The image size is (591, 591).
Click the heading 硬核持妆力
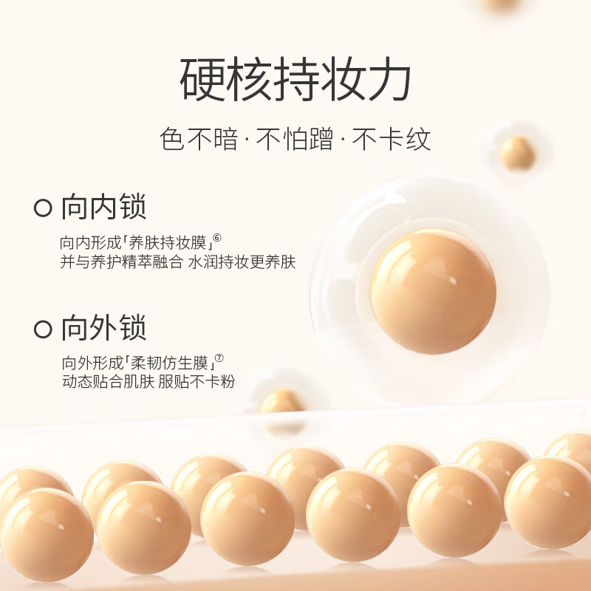coord(295,82)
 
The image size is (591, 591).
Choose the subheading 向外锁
coord(103,329)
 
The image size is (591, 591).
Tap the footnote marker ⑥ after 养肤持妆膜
coord(218,238)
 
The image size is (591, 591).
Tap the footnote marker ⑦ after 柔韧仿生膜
coord(219,359)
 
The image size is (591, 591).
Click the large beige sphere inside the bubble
coord(433,280)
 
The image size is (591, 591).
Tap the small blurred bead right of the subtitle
coord(517,152)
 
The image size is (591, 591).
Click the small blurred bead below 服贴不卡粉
coord(281,403)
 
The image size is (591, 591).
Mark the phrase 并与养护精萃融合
coord(121,263)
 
